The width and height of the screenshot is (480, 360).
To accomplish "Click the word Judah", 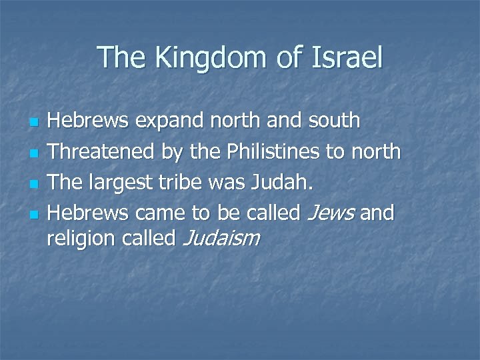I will (x=285, y=182).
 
